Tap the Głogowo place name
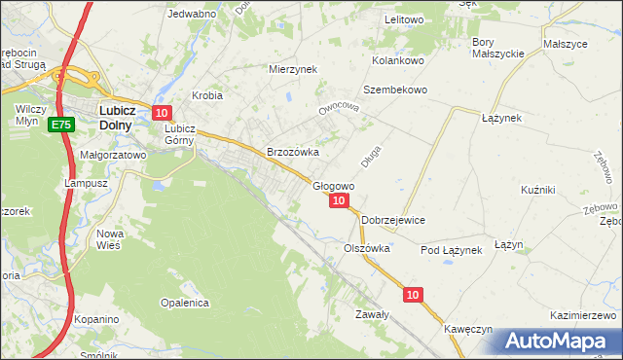tap(333, 185)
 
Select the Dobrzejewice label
tap(393, 220)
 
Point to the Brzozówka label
tap(293, 152)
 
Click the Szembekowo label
tap(396, 90)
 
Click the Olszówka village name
tap(367, 248)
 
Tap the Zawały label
tap(372, 314)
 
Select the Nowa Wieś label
tap(108, 239)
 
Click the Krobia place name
tap(207, 95)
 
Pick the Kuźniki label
tap(537, 189)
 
